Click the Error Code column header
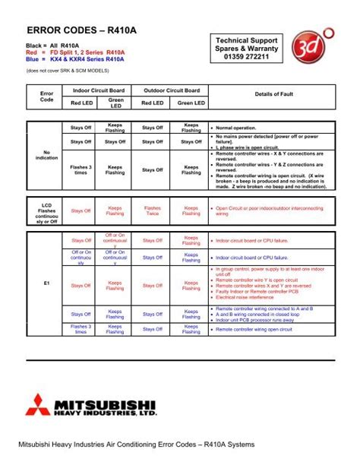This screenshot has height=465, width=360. pos(46,96)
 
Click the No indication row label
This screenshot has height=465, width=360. pos(46,155)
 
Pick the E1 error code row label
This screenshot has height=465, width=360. pos(46,284)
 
